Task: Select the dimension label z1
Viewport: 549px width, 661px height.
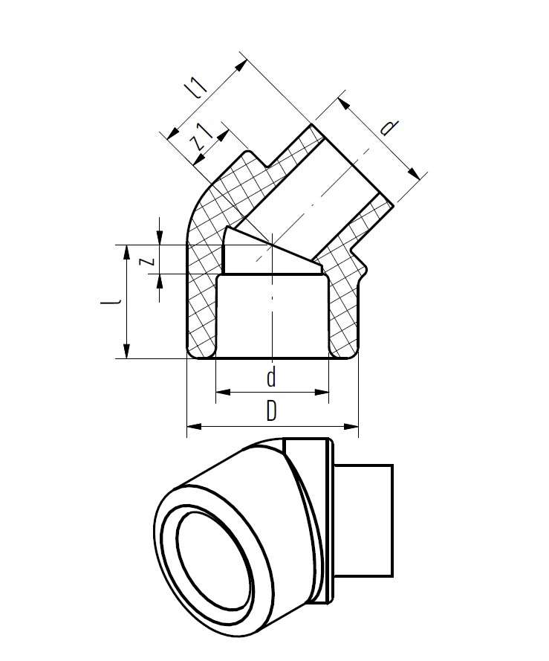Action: [202, 137]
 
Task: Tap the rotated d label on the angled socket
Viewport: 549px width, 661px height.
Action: [389, 127]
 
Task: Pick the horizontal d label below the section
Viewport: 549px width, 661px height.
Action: [272, 377]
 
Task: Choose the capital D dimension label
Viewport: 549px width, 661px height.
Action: [272, 411]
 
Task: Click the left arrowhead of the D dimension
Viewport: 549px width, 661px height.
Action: [194, 427]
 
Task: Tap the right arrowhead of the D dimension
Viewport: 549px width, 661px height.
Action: [351, 427]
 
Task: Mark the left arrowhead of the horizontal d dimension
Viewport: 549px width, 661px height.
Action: [224, 393]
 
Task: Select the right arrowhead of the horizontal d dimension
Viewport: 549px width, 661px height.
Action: [322, 393]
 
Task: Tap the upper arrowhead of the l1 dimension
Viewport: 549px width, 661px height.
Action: [241, 66]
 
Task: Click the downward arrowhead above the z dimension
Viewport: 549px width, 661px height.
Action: [159, 237]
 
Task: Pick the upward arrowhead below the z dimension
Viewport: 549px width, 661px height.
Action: [159, 282]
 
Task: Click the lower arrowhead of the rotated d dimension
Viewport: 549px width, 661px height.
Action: [415, 172]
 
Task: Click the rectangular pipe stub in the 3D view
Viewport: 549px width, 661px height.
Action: [364, 520]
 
